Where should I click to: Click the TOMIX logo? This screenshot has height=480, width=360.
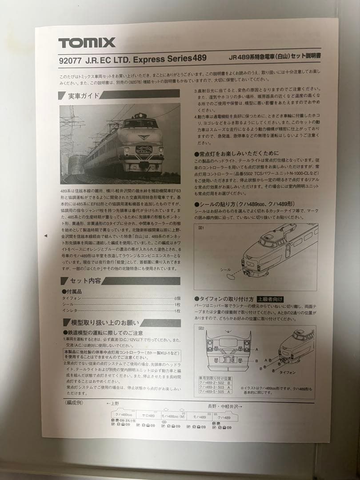click(x=87, y=43)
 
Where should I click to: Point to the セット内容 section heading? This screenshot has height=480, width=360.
click(x=84, y=281)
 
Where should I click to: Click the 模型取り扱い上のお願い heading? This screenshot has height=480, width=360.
click(x=102, y=323)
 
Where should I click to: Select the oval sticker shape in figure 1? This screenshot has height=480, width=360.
click(x=230, y=276)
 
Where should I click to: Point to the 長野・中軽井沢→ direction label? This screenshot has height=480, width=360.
click(x=225, y=406)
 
